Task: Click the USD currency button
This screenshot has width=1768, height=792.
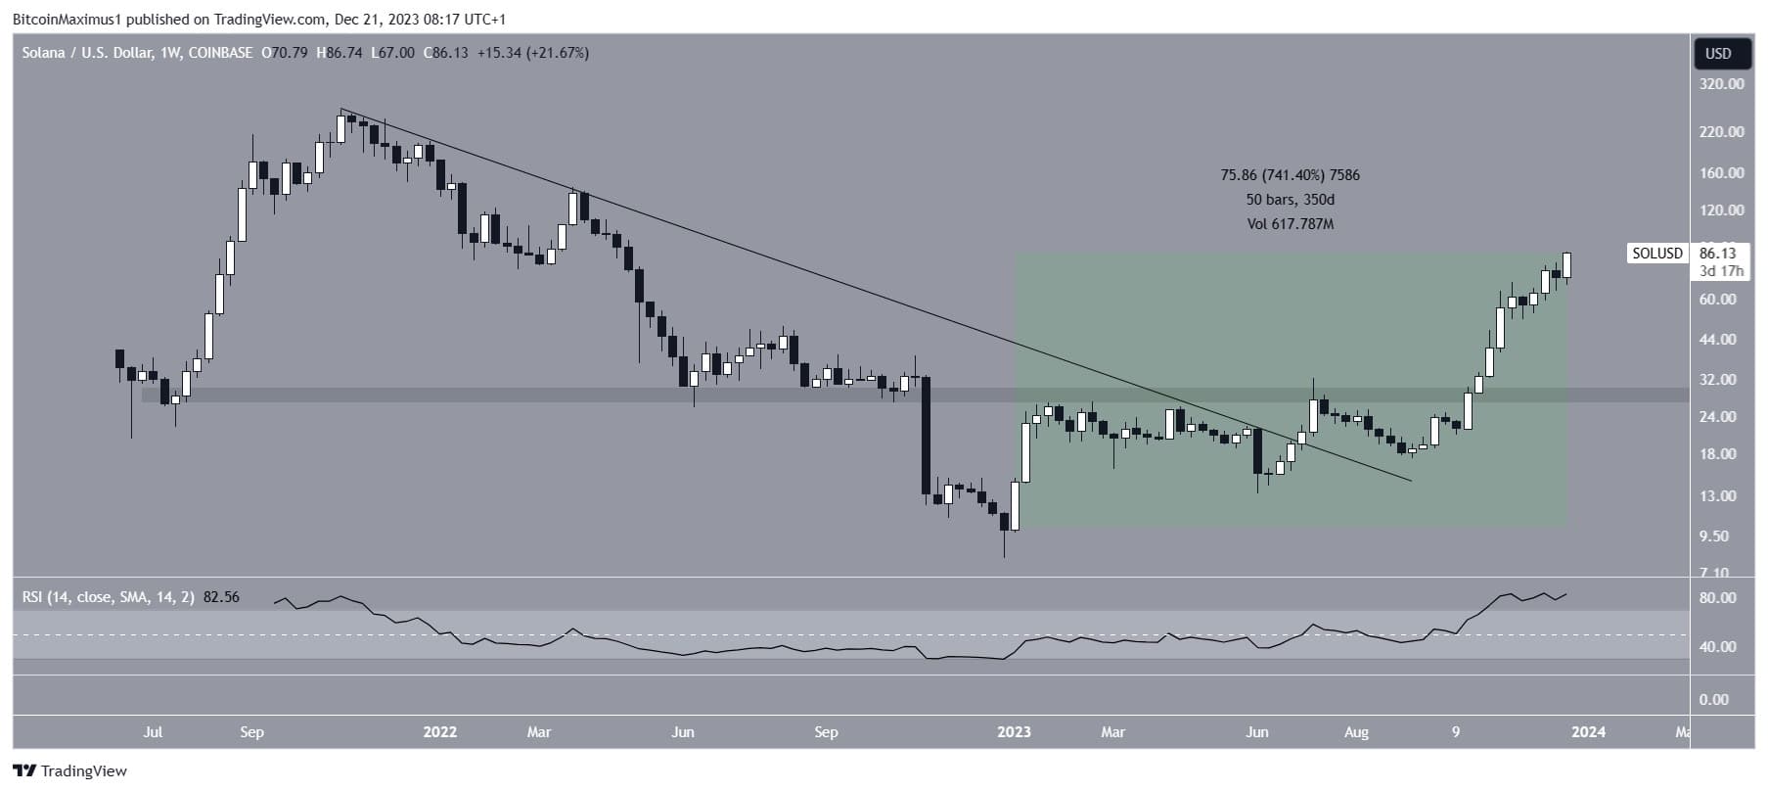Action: (1718, 54)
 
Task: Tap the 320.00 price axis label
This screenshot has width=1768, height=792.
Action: (1721, 84)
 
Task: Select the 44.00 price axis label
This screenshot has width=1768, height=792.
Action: (1718, 340)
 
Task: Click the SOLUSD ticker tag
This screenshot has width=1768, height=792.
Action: (1656, 254)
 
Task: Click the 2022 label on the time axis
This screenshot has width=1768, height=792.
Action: (440, 731)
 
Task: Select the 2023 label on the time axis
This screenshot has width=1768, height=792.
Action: (1014, 731)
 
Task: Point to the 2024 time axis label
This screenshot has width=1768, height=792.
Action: (1588, 731)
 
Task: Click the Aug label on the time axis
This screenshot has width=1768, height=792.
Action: (1356, 731)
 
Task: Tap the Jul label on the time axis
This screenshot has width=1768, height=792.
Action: (153, 731)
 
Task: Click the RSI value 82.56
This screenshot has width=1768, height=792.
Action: (221, 596)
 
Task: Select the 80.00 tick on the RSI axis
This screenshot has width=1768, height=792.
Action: (1718, 598)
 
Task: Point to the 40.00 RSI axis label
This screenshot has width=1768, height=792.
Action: (1718, 647)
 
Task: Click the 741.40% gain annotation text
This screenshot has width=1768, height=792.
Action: (1290, 175)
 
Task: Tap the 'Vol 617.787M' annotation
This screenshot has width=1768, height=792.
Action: (1290, 224)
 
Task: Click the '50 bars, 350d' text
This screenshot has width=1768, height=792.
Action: (1290, 200)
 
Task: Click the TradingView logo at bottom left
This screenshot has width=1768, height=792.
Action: (70, 770)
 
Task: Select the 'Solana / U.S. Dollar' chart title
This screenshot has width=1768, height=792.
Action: (87, 53)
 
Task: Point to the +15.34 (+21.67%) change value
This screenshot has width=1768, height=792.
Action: (532, 53)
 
